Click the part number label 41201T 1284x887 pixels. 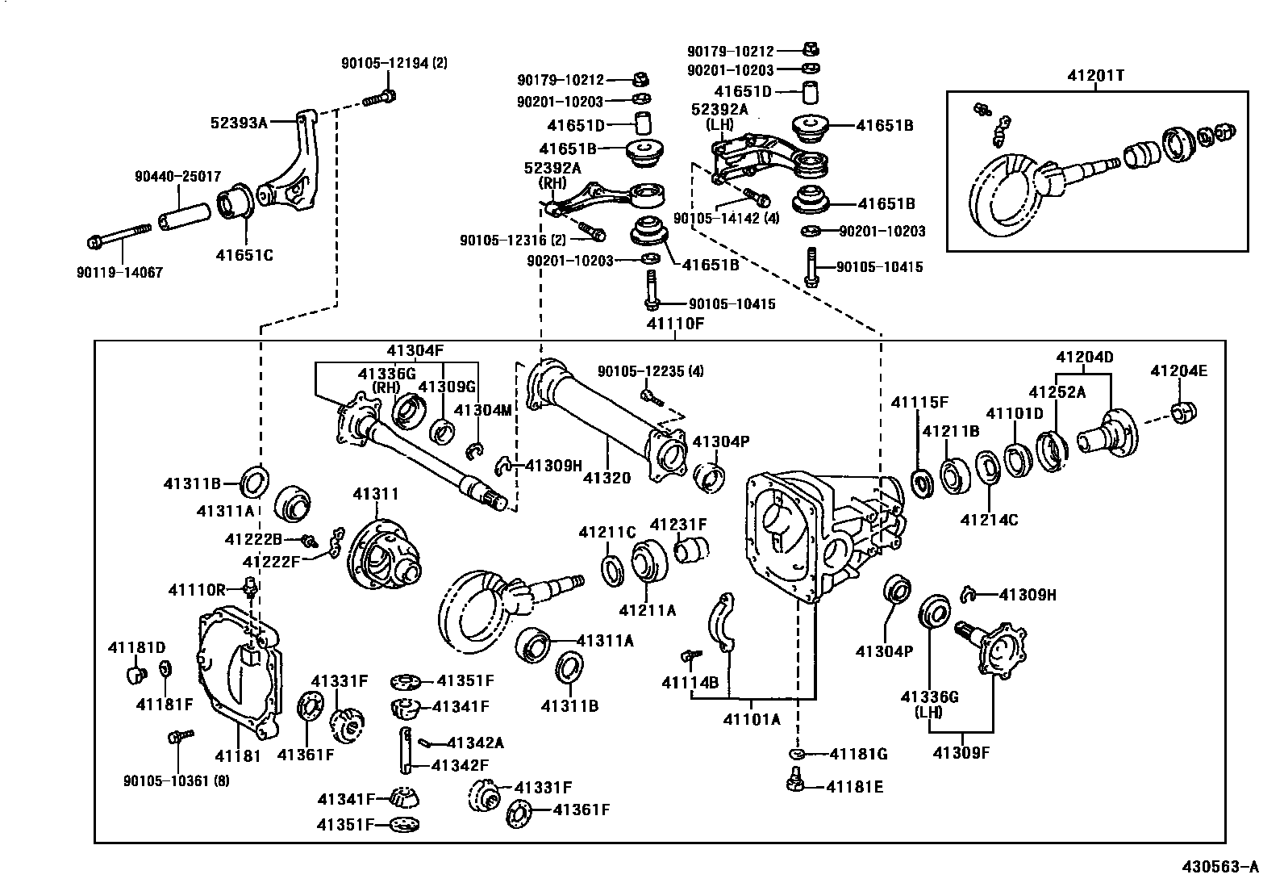[x=1095, y=76]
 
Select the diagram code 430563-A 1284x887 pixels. [x=1220, y=868]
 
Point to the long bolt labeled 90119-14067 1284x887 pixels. [x=119, y=235]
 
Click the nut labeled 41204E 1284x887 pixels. [x=1183, y=412]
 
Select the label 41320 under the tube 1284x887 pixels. [x=607, y=478]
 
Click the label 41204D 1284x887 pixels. [x=1085, y=356]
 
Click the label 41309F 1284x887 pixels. [x=961, y=753]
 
